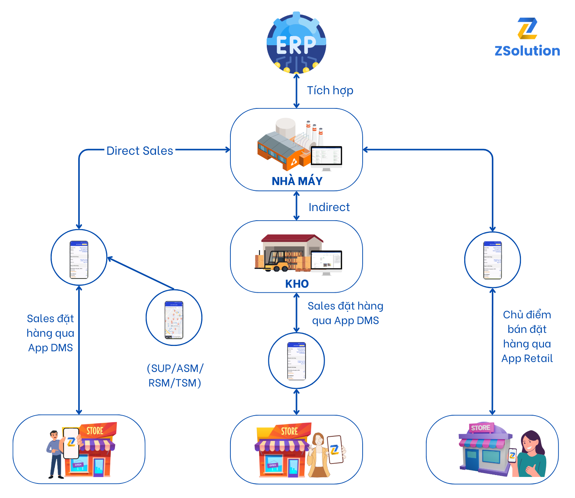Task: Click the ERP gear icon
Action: coord(296,43)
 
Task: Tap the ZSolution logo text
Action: coord(527,51)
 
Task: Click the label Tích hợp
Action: coord(330,90)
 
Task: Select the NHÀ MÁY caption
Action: coord(297,181)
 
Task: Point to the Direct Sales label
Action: coord(140,151)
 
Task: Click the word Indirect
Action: coord(329,207)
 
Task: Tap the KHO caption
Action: coord(297,284)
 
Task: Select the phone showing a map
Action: coord(174,320)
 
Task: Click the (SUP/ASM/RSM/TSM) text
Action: coord(175,375)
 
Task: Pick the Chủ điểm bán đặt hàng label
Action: coord(527,336)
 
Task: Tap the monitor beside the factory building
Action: coord(326,157)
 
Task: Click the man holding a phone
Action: coord(56,454)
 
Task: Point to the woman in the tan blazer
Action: coord(318,456)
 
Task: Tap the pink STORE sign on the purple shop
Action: coord(480,428)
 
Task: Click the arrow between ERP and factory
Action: coord(296,91)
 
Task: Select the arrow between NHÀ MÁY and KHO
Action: coord(296,206)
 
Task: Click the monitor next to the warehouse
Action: coord(326,261)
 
